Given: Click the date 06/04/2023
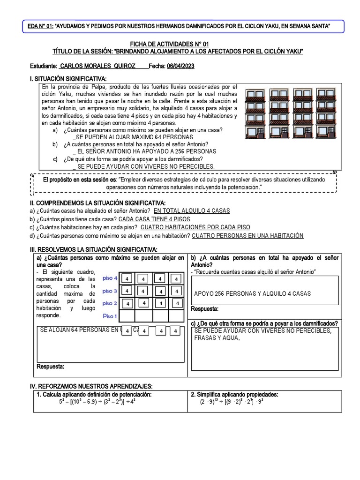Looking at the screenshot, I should coord(180,67).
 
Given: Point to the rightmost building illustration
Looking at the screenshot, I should coord(327,114).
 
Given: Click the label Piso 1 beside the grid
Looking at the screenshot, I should coord(110,316).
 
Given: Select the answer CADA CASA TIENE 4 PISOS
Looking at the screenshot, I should coord(154,219).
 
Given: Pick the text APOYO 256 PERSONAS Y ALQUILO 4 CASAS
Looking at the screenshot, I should coord(252,294).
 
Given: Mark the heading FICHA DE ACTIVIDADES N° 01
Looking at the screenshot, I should coord(180,44).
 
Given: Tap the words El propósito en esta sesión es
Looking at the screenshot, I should coord(80,180).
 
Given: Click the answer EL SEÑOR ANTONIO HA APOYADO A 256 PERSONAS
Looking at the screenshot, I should coord(146,151).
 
